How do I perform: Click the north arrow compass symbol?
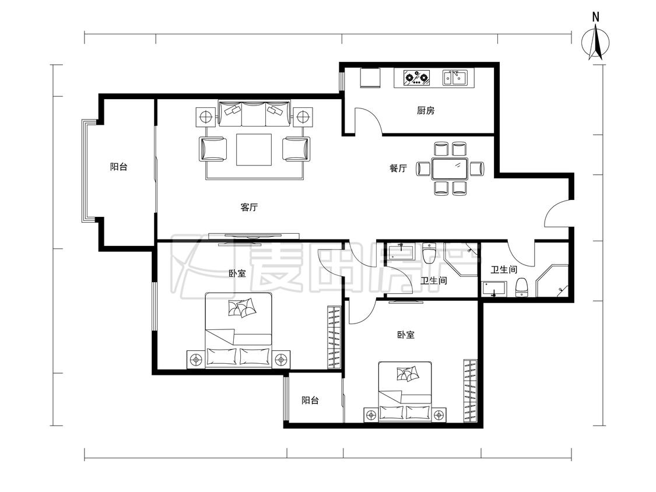click(x=595, y=42)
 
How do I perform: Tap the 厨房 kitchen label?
click(x=426, y=110)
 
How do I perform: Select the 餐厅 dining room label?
click(x=398, y=168)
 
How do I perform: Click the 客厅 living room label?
click(x=250, y=207)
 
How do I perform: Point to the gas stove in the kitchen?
click(x=417, y=78)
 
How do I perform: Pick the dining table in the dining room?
click(x=450, y=168)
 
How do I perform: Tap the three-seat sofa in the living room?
click(x=254, y=113)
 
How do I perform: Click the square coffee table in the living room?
click(x=254, y=149)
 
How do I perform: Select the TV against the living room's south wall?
click(x=254, y=237)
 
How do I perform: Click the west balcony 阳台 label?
click(x=119, y=167)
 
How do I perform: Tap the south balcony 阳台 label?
click(x=310, y=400)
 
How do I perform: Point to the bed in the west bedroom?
click(x=238, y=331)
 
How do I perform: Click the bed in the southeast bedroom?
click(x=405, y=391)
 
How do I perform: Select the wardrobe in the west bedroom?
click(x=334, y=337)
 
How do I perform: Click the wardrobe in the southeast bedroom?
click(x=470, y=391)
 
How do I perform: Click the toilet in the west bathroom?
click(x=429, y=252)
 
